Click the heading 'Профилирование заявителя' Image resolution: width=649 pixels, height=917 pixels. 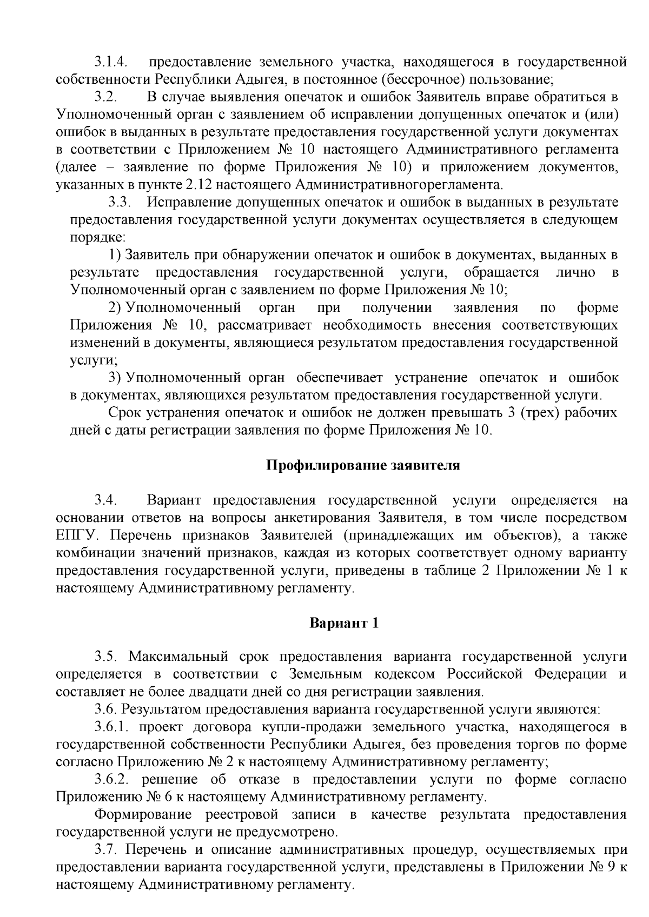[363, 465]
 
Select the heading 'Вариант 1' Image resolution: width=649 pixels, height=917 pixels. [344, 623]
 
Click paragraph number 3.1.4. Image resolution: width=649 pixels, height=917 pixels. [111, 62]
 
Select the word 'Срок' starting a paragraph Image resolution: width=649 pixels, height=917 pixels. [125, 413]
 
